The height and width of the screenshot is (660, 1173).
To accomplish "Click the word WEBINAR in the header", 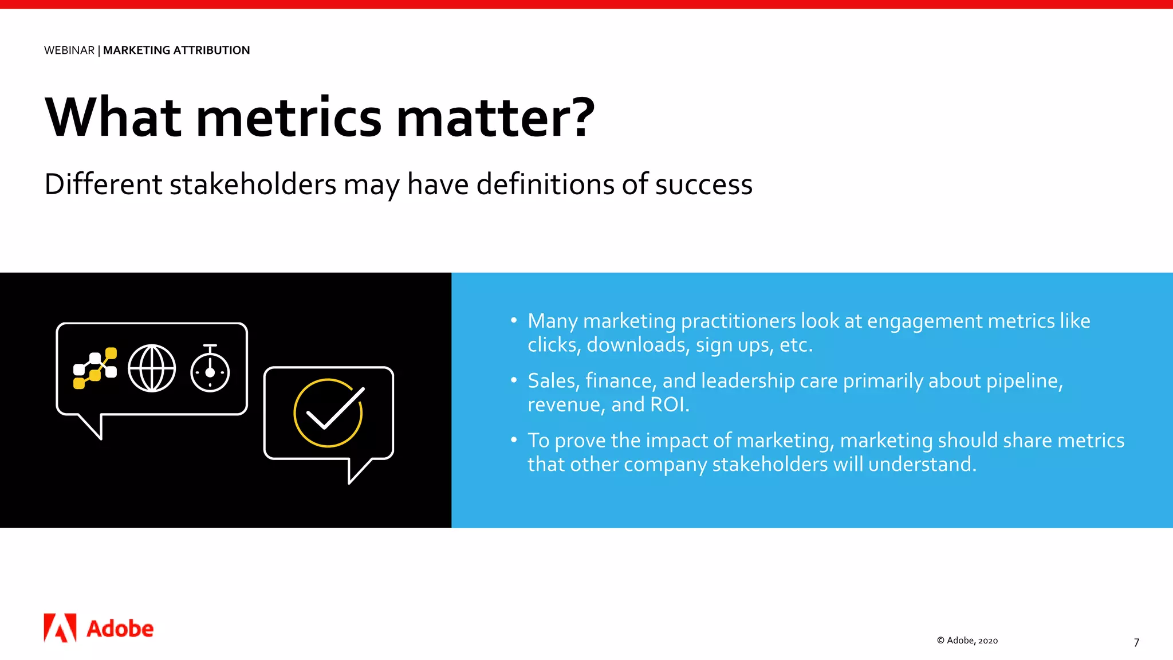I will pos(69,50).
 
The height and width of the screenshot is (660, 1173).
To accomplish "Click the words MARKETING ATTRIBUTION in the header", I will pos(176,50).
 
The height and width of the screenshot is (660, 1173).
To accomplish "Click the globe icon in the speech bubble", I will pos(152,368).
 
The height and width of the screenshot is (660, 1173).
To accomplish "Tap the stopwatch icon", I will pos(210,370).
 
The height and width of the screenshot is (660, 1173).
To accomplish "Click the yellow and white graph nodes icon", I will pos(95,368).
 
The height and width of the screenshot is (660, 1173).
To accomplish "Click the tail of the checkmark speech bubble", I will pos(357,470).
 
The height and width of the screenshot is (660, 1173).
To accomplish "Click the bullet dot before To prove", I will pos(514,440).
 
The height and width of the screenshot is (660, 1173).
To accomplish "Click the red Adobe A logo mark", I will pos(60,628).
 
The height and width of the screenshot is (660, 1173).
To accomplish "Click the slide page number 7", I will pos(1136,642).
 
